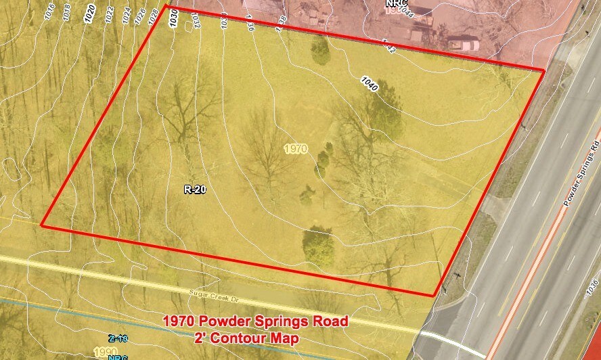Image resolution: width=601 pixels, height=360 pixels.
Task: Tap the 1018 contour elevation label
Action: pos(66,14)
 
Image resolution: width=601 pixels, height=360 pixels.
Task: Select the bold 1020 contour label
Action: pos(91,14)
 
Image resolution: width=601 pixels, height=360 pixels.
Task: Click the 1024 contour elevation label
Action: pos(125,16)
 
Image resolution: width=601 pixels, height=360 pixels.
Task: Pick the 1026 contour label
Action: pos(139,16)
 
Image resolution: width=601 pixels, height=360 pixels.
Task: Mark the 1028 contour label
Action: pos(154,16)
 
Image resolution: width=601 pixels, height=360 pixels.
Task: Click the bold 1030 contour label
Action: pos(174,16)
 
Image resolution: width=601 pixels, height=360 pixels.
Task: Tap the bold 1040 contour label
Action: pos(370,85)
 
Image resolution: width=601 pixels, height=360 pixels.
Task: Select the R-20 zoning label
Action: pos(195,190)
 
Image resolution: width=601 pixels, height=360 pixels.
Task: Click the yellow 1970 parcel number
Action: pos(296,148)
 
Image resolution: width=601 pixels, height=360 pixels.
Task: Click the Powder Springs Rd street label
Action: pos(581,174)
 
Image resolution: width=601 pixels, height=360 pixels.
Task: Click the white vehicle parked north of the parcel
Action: pos(464,45)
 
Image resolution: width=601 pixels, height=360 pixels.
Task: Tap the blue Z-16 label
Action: pos(118,338)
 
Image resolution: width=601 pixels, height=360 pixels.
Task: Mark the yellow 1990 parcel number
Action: pos(106,352)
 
